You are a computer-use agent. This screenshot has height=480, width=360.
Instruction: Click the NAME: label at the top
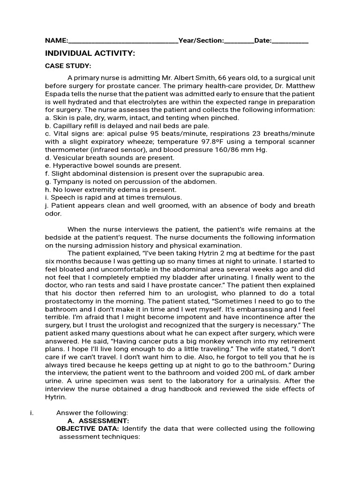pos(56,41)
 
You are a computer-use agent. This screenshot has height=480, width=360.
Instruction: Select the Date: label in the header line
pos(262,41)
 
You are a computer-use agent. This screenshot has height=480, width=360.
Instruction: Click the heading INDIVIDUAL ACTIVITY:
pos(90,53)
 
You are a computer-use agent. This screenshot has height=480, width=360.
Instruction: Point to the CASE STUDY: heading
pos(68,66)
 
